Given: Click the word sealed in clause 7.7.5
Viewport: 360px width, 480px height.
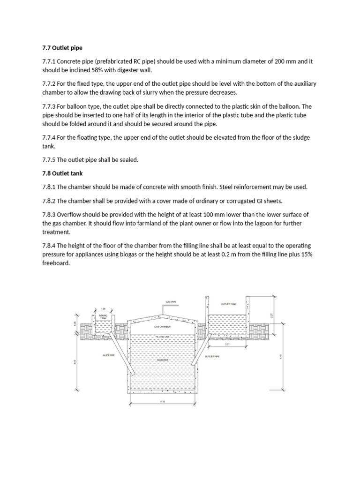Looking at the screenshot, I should [x=127, y=160].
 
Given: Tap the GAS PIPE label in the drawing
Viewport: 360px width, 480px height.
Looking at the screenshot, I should [x=170, y=302].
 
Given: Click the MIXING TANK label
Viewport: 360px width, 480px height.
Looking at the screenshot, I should [x=103, y=317].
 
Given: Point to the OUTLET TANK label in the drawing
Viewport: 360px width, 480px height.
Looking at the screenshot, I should [x=229, y=304].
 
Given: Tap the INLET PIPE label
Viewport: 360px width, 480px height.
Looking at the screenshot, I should [x=109, y=356].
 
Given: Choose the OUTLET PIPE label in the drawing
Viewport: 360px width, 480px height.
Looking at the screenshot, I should [x=212, y=357].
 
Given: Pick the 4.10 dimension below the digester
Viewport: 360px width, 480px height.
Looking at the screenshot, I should [x=162, y=401].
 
